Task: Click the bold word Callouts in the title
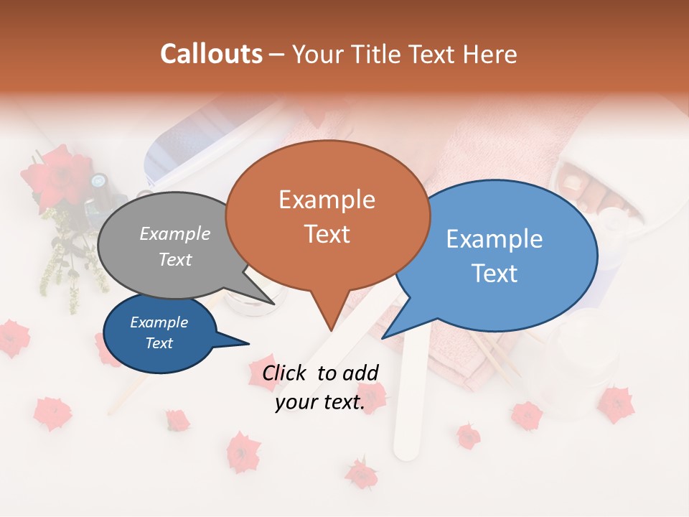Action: (x=211, y=54)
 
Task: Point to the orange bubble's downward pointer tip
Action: (x=331, y=330)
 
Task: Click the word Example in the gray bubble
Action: (x=175, y=234)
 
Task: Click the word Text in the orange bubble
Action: (x=327, y=234)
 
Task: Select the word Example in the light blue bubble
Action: (x=494, y=239)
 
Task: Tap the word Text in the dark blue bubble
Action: (x=159, y=343)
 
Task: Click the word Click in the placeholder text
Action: (x=286, y=373)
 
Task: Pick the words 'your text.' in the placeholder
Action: (x=320, y=403)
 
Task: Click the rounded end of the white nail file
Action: (x=406, y=449)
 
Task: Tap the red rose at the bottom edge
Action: (x=361, y=474)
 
